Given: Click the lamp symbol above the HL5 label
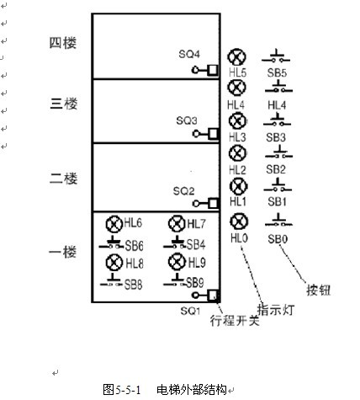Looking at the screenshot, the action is click(237, 57).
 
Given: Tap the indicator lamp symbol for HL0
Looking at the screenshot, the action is click(239, 221).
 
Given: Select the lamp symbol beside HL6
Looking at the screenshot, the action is click(114, 224).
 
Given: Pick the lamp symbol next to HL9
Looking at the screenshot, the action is click(177, 262).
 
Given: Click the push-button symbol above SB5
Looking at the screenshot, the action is click(276, 57).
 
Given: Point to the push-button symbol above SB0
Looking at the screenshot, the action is click(278, 221).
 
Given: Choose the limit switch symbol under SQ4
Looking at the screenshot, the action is click(205, 70).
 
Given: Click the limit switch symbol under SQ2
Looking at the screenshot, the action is click(205, 204).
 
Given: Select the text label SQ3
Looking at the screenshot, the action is click(187, 120).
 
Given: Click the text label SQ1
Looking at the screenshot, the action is click(190, 311).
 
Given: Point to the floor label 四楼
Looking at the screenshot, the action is click(63, 43).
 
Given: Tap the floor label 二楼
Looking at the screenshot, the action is click(63, 179).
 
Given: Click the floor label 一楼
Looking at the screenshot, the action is click(63, 252).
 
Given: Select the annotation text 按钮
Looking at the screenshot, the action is click(319, 290).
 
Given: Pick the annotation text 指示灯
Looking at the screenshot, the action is click(276, 310).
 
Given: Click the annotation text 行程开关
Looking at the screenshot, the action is click(235, 320).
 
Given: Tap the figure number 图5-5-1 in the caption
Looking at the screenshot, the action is click(122, 390).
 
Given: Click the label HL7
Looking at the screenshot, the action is click(197, 224).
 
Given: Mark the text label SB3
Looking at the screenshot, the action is click(276, 137).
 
